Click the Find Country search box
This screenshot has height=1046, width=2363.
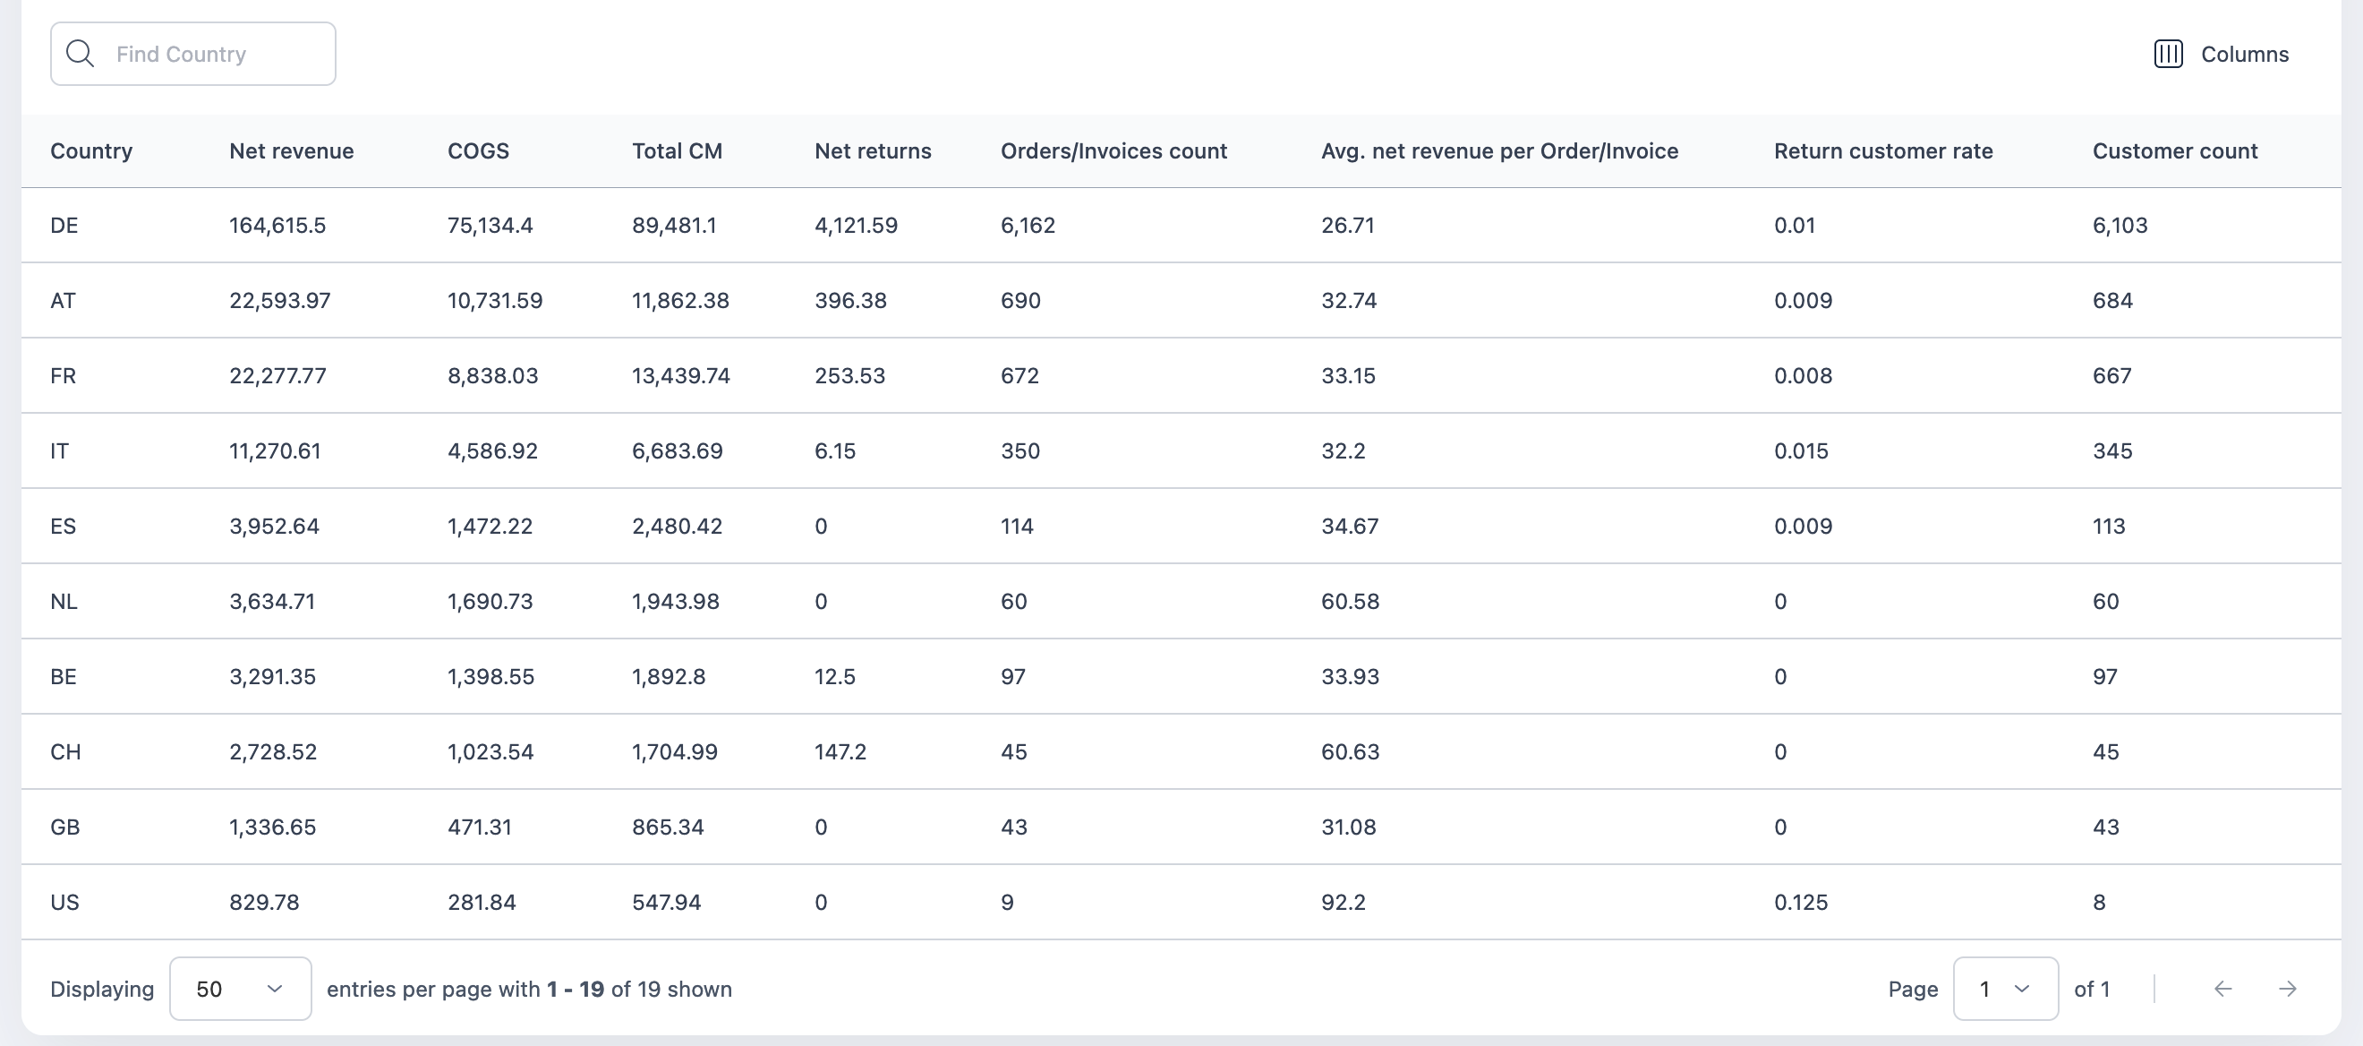(x=192, y=54)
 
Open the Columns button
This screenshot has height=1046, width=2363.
(x=2221, y=54)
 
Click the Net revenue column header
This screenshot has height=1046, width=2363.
(x=291, y=151)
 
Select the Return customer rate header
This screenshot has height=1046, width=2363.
(x=1882, y=151)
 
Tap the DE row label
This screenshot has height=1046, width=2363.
(x=64, y=226)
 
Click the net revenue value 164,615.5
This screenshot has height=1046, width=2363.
(x=277, y=226)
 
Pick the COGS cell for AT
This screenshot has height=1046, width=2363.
(x=494, y=301)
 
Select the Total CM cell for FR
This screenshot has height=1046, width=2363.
(x=680, y=376)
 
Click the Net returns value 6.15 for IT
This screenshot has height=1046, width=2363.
(x=835, y=451)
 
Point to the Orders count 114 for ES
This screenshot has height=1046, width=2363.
(x=1017, y=527)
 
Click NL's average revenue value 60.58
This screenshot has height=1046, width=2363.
(x=1350, y=602)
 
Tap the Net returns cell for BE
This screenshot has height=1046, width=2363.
(x=835, y=677)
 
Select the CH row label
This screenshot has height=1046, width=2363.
(x=65, y=752)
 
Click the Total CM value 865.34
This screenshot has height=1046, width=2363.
(x=667, y=827)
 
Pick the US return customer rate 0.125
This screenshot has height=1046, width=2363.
(x=1800, y=903)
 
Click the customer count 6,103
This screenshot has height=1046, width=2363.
(x=2119, y=226)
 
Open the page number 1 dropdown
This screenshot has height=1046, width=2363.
(x=2005, y=989)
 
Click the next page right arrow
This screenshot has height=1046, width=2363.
(x=2287, y=989)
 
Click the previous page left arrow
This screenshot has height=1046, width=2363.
(x=2222, y=989)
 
